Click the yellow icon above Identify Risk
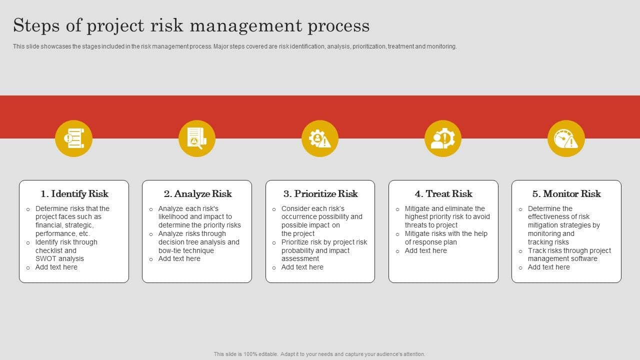73,138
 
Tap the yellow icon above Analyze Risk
197,138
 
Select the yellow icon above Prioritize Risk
320,138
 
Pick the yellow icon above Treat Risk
443,138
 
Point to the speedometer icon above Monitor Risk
566,138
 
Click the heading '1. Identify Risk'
74,193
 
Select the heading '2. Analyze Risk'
197,193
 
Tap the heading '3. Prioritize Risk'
320,193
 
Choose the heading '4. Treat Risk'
443,193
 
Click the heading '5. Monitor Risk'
566,193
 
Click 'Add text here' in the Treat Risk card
425,250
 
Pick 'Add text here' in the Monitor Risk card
548,267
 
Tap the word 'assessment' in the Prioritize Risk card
300,259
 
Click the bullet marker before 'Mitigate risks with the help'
397,234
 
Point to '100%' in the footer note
250,354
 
